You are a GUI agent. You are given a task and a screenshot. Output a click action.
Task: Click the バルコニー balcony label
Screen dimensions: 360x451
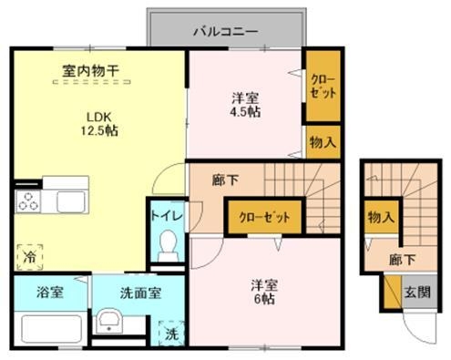click(225, 31)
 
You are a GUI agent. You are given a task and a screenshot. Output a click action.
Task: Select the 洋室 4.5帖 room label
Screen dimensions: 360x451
click(243, 102)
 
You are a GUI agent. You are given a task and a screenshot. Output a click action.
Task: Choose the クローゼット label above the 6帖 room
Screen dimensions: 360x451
click(265, 218)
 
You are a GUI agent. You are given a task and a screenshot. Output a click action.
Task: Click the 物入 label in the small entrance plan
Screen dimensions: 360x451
click(381, 217)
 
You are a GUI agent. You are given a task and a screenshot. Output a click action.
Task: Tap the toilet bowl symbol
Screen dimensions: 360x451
click(168, 244)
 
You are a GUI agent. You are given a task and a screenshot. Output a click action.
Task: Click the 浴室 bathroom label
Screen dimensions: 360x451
click(50, 293)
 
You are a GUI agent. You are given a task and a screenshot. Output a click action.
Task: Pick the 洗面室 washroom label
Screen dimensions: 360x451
click(140, 293)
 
